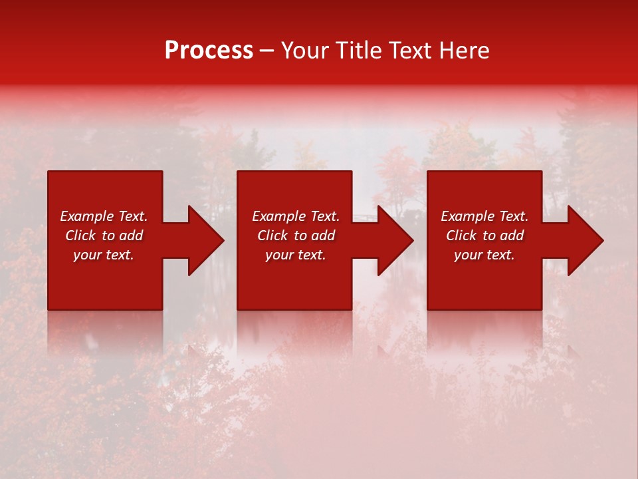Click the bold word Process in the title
(209, 51)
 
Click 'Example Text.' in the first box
(104, 216)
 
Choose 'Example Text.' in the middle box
(296, 216)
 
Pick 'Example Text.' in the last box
(484, 216)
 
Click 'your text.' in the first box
(104, 255)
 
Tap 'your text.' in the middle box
(296, 255)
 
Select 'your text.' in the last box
(484, 255)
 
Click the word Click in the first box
(81, 236)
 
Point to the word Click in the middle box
(273, 236)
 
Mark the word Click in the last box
(462, 236)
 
